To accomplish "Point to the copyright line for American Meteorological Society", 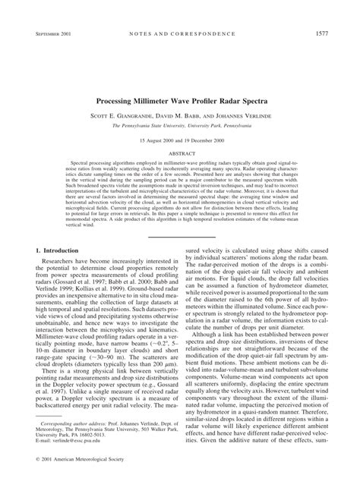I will pos(84,480).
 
